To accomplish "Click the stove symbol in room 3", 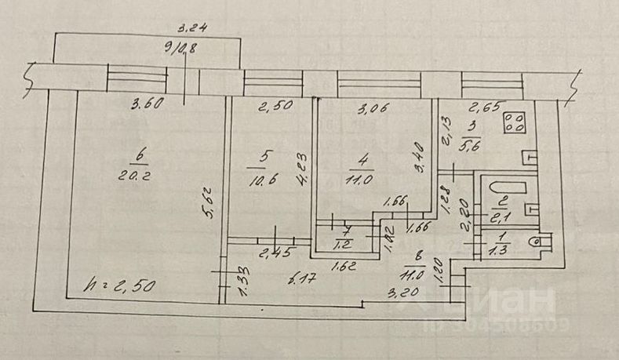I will [515, 123].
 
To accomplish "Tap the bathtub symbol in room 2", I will [497, 190].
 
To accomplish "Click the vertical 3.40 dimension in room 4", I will [423, 158].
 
